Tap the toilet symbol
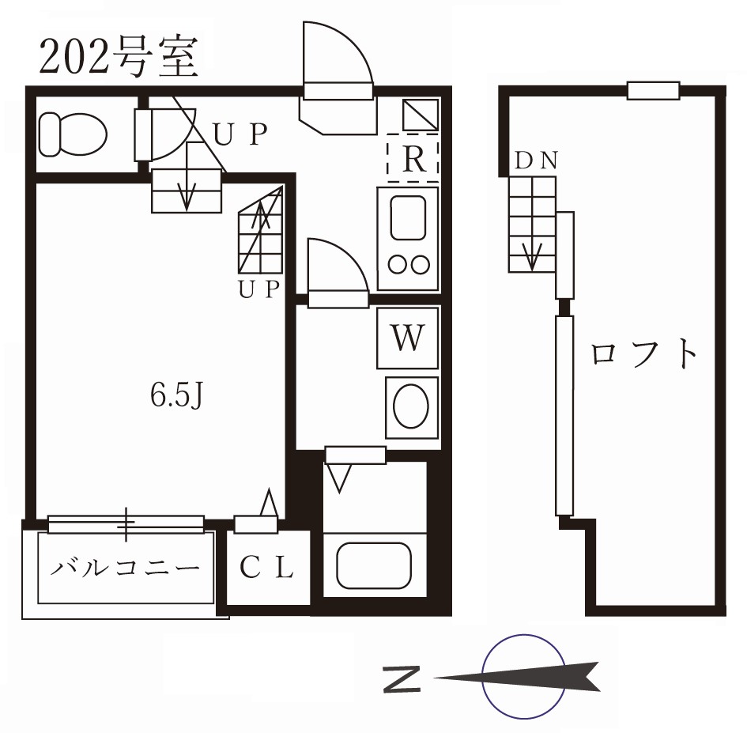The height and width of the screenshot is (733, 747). point(73,132)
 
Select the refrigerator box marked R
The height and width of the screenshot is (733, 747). point(412,159)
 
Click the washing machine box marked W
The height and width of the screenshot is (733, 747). point(407,339)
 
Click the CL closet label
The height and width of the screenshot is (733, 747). point(267,567)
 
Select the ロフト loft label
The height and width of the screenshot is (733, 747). point(645,354)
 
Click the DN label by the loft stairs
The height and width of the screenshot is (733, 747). point(537,161)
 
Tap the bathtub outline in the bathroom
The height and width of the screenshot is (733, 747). point(374,564)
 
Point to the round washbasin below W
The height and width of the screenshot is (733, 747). point(411,407)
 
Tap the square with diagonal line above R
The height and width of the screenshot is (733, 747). point(420,115)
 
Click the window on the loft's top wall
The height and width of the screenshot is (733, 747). point(654,90)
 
